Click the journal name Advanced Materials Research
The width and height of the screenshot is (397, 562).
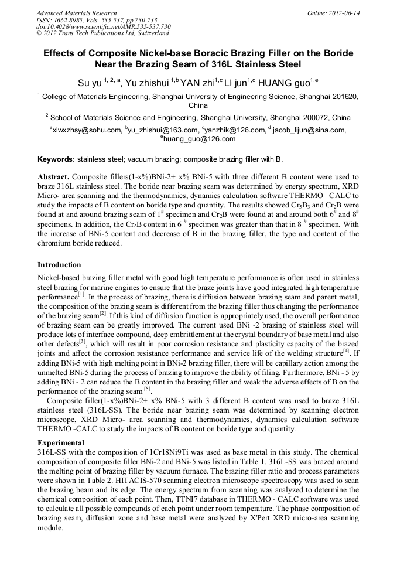click(76, 13)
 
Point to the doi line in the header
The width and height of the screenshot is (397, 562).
click(103, 26)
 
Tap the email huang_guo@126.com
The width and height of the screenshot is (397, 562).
click(199, 139)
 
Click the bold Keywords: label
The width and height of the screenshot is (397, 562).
click(56, 159)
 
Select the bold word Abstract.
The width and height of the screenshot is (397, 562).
click(53, 176)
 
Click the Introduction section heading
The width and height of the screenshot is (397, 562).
click(59, 265)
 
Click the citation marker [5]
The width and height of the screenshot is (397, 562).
click(148, 389)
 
